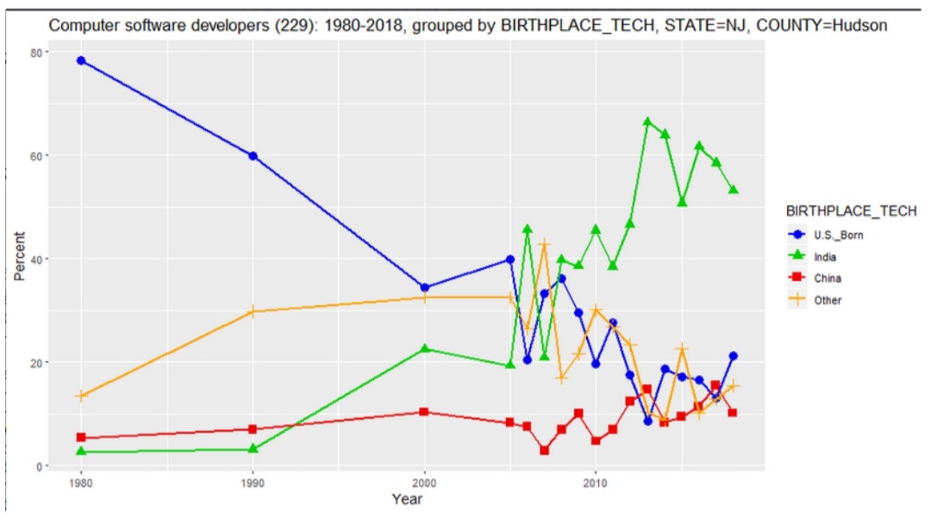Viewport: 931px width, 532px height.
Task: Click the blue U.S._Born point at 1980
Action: click(81, 60)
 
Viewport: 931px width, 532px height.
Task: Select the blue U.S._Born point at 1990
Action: click(253, 156)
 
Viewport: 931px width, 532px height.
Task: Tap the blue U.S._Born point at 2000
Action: click(424, 288)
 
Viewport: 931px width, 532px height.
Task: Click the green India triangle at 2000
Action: click(424, 348)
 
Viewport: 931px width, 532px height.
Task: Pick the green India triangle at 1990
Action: click(253, 448)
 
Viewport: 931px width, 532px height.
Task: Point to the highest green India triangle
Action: click(647, 122)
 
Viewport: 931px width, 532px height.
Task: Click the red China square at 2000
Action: click(424, 411)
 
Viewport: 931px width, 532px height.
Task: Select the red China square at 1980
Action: click(81, 437)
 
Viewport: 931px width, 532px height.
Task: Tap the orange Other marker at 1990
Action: click(253, 311)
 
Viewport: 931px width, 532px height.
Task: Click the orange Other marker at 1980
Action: click(81, 396)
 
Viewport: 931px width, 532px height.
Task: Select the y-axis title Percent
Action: click(19, 256)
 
